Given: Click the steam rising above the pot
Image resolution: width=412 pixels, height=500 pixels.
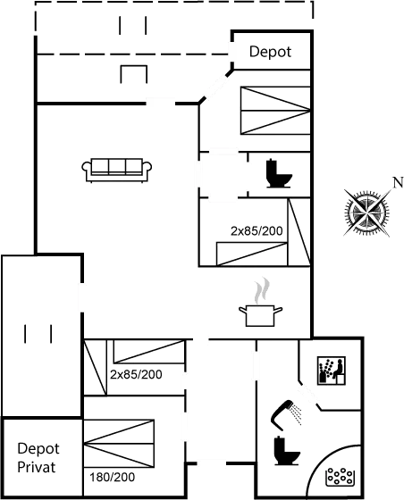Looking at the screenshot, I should [260, 290].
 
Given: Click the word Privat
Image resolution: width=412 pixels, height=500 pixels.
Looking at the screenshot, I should [37, 466].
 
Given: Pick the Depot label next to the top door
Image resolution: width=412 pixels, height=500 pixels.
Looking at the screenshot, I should [271, 52].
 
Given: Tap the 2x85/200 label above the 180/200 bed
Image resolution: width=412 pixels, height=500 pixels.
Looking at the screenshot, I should [135, 374].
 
